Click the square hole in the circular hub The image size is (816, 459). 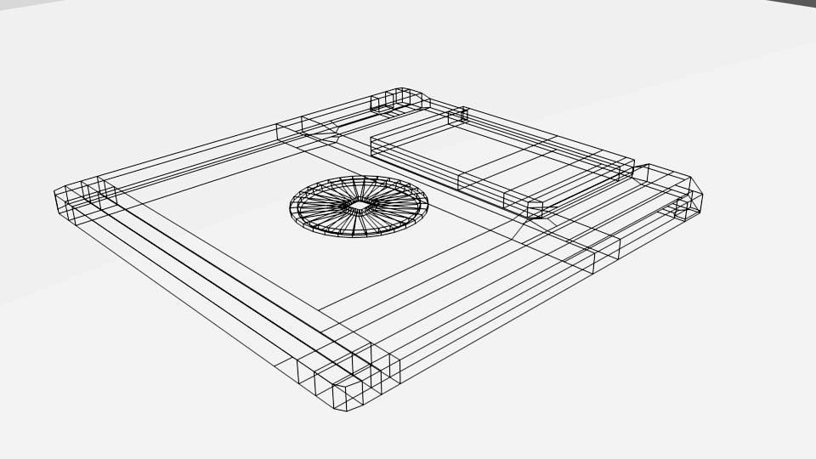[x=359, y=206]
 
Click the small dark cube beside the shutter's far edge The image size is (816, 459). [x=458, y=115]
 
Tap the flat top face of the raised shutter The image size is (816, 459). [x=501, y=157]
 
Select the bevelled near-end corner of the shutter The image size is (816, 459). [x=535, y=209]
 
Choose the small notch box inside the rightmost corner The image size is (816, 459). [x=683, y=208]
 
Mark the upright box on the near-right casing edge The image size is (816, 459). [x=606, y=254]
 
